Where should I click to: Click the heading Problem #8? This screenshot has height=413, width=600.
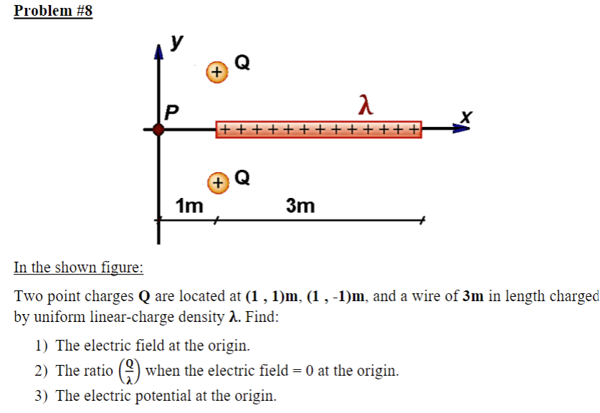[53, 11]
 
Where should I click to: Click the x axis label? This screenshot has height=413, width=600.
[467, 115]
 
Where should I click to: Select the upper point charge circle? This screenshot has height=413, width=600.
[216, 72]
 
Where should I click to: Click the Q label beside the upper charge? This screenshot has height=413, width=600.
[242, 63]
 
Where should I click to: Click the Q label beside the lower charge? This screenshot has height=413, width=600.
[242, 176]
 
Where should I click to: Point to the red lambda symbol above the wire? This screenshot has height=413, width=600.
[366, 106]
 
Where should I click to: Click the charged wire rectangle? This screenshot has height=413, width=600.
[319, 130]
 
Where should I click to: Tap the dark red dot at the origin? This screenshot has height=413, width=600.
[159, 130]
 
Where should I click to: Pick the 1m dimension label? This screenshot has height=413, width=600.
[189, 206]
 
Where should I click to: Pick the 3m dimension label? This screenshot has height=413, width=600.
[300, 206]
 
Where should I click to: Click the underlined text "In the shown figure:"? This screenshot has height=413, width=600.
[78, 267]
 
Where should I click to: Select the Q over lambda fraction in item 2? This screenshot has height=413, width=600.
[130, 371]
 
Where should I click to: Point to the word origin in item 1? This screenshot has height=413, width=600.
[229, 346]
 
